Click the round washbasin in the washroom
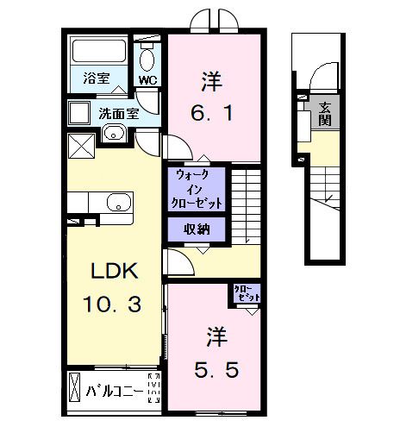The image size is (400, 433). pos(112,134)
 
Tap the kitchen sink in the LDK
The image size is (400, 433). pos(116,204)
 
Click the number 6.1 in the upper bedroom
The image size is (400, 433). pos(212,112)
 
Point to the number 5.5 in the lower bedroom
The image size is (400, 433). pos(213,370)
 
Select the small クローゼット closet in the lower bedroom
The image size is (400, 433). pos(246,293)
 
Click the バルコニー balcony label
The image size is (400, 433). pos(115,391)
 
